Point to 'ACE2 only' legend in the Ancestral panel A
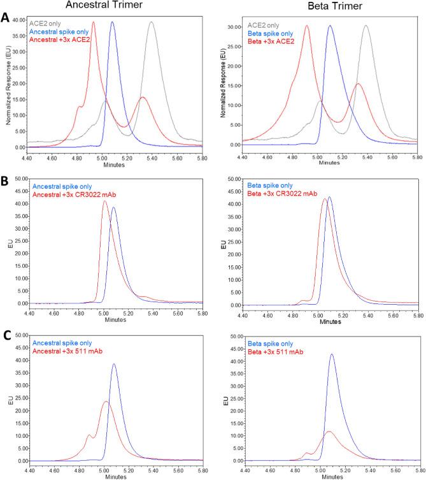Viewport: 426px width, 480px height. click(48, 21)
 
